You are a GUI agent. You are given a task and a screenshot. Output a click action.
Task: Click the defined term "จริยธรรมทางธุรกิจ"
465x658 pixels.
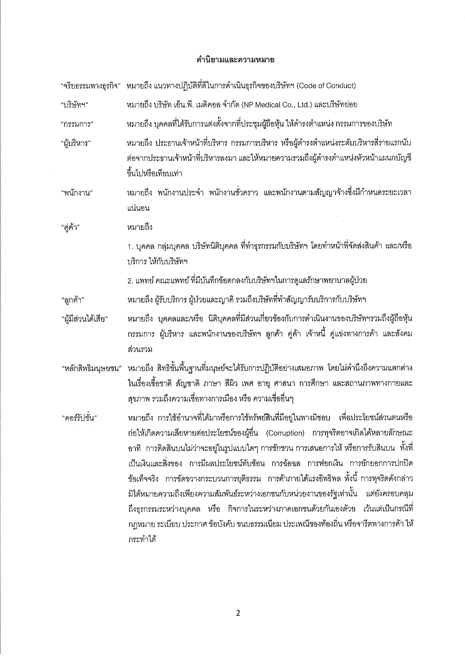pos(90,86)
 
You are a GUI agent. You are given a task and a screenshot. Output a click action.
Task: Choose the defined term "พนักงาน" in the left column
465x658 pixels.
pos(77,193)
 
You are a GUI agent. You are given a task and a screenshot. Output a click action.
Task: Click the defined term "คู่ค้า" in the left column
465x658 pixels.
pos(71,227)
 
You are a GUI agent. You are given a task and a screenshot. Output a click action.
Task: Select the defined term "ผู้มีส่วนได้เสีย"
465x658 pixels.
pos(84,319)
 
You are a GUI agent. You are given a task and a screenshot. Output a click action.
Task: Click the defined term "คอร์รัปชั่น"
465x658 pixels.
pos(79,418)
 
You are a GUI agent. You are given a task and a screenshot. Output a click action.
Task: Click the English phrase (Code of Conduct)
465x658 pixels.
pos(326,86)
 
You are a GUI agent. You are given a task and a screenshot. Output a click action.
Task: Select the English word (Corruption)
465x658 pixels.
pos(285,433)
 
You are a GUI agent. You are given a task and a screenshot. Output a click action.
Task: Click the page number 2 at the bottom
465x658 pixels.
pos(238,613)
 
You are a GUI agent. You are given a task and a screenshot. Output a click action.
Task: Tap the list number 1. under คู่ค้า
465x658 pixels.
pos(130,246)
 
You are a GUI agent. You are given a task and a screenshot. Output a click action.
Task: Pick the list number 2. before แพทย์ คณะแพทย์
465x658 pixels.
pos(130,281)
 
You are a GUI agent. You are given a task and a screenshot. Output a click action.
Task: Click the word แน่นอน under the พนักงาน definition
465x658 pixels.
pos(138,208)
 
